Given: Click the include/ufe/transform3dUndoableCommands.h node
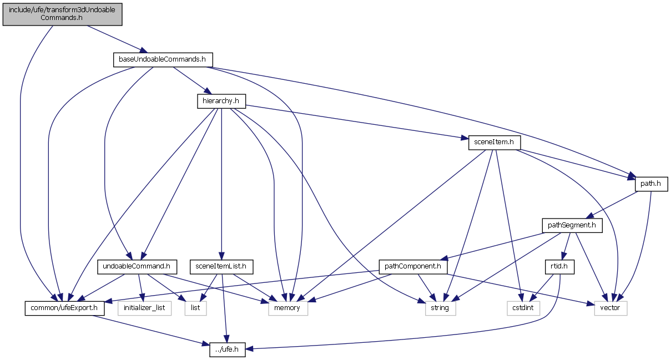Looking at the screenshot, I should (62, 13).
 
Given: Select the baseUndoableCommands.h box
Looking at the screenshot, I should (162, 59).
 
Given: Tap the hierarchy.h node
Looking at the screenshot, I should (221, 102).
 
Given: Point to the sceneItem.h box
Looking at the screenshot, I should (494, 142).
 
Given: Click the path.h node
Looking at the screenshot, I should (651, 184).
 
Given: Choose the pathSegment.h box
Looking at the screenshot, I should (572, 225).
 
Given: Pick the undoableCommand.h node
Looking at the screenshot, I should (137, 267).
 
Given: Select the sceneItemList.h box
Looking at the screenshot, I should (221, 267).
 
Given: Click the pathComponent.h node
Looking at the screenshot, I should (412, 267).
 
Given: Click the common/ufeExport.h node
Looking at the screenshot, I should (64, 308).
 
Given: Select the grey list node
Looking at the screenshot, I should (195, 308).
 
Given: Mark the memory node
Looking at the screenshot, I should (287, 308).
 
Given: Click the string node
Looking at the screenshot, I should (440, 308).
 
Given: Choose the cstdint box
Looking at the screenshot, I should (523, 308).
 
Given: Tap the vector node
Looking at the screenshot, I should (611, 308).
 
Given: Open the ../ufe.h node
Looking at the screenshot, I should (228, 349).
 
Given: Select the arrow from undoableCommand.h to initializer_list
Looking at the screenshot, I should (141, 287).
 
